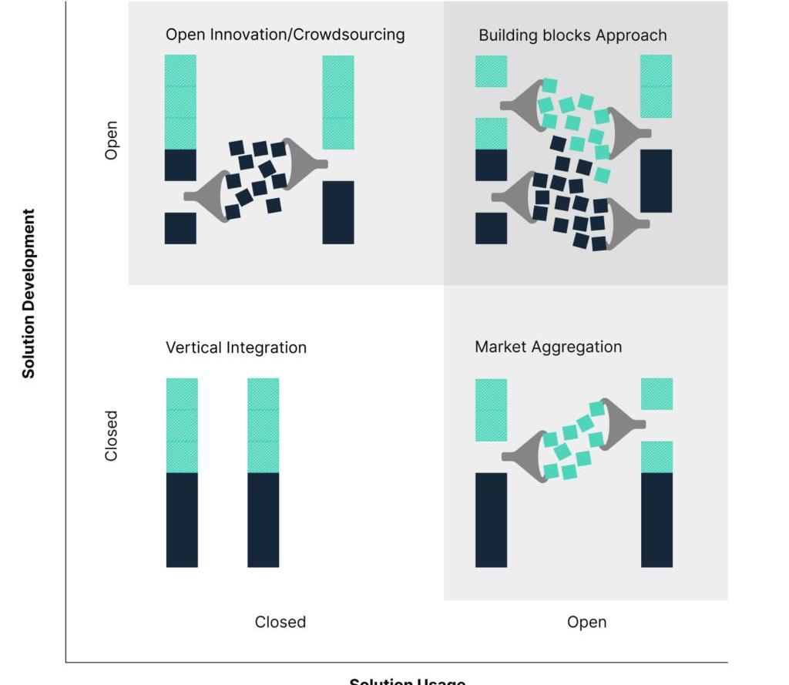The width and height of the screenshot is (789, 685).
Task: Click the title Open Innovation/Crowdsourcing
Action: pyautogui.click(x=285, y=35)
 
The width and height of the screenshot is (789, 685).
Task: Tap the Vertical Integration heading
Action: pyautogui.click(x=236, y=348)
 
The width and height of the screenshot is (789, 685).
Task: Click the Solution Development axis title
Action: pyautogui.click(x=29, y=294)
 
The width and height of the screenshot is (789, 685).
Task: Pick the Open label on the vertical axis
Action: pyautogui.click(x=112, y=139)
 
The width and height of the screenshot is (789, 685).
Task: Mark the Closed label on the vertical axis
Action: pyautogui.click(x=112, y=435)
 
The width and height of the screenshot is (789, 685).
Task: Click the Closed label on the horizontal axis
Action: pyautogui.click(x=280, y=622)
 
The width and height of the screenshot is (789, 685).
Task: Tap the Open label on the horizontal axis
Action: pyautogui.click(x=586, y=622)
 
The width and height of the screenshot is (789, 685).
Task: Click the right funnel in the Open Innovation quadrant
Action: pyautogui.click(x=304, y=163)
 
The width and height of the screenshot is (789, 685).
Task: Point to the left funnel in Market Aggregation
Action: pyautogui.click(x=527, y=456)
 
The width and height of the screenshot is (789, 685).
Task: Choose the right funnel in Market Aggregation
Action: pyautogui.click(x=621, y=423)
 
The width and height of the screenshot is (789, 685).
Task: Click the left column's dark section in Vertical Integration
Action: pyautogui.click(x=182, y=520)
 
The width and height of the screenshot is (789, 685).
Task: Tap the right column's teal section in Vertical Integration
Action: pyautogui.click(x=263, y=425)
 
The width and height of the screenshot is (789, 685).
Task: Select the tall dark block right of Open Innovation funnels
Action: pyautogui.click(x=338, y=213)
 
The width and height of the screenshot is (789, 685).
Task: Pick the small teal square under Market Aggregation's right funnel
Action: pyautogui.click(x=656, y=457)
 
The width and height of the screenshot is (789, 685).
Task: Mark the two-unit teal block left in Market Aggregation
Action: pyautogui.click(x=491, y=410)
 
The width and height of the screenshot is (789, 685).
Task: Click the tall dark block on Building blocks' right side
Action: pyautogui.click(x=656, y=181)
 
